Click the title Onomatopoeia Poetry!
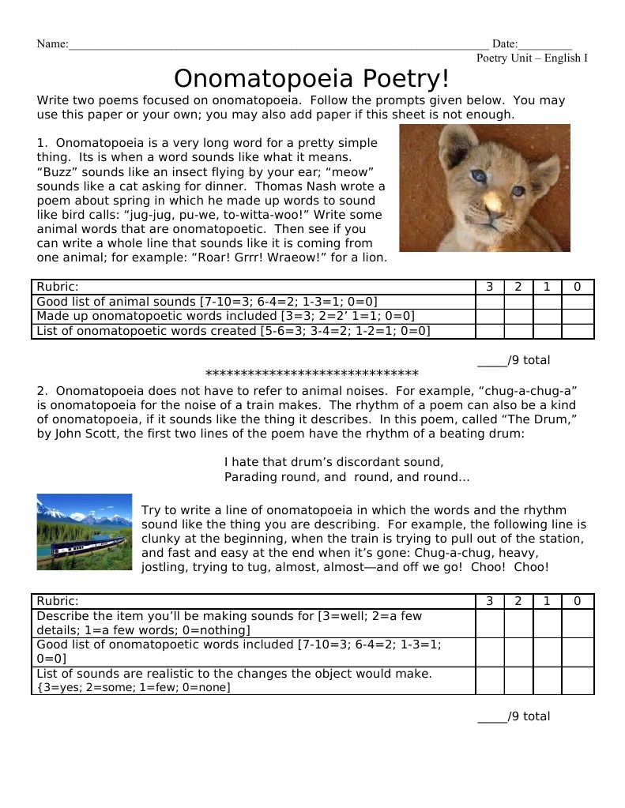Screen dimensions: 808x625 311,79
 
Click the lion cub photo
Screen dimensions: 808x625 484,188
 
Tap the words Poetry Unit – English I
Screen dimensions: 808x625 532,58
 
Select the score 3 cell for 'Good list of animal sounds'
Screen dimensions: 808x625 489,302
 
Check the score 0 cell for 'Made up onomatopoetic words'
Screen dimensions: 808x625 578,316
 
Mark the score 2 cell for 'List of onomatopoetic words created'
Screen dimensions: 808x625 518,331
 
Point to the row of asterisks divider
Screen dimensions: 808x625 311,374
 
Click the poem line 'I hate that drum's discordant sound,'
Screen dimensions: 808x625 333,462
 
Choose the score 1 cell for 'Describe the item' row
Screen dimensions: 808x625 547,623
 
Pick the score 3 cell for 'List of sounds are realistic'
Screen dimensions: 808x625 489,681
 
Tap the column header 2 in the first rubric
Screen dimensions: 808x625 518,287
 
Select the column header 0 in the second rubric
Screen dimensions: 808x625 578,601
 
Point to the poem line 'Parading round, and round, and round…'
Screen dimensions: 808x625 347,477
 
